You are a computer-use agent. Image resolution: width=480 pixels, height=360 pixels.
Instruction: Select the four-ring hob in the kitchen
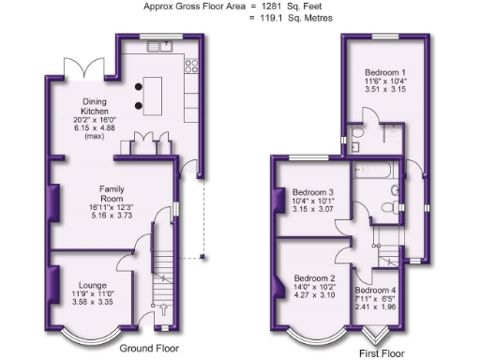pos(192,66)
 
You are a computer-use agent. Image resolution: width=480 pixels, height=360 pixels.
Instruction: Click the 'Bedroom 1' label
pos(385,72)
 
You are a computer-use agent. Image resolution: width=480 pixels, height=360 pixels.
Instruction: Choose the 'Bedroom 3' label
pos(313,193)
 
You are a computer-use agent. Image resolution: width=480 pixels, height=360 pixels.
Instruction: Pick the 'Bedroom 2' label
pos(314,278)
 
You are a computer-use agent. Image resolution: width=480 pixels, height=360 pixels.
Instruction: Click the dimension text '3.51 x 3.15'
pos(385,91)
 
